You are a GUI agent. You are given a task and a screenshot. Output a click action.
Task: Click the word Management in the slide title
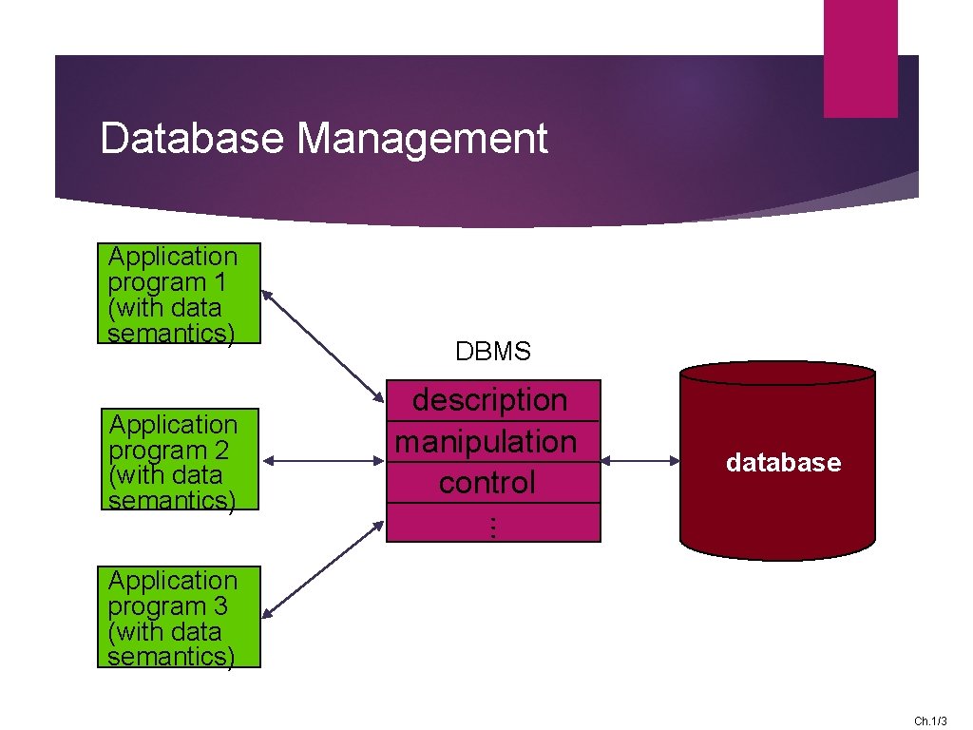click(x=422, y=138)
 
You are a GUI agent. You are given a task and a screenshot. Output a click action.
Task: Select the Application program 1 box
click(x=179, y=294)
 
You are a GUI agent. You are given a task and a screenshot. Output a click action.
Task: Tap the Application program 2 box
click(x=179, y=460)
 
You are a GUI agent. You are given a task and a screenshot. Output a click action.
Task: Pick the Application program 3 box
click(x=179, y=618)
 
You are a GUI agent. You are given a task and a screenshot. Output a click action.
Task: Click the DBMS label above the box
click(x=493, y=352)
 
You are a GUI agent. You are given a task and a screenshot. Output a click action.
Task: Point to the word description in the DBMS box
click(x=489, y=400)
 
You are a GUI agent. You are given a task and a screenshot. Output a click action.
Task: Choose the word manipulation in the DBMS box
click(x=486, y=441)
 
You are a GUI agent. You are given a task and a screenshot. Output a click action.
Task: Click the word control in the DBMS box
click(x=486, y=483)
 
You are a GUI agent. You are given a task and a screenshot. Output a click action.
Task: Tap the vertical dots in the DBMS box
click(x=492, y=526)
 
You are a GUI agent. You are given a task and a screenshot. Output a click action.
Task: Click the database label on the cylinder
click(x=783, y=463)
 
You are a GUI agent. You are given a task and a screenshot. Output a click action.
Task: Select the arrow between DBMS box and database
click(x=639, y=462)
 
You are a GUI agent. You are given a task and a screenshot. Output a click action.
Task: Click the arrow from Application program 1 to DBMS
click(x=323, y=345)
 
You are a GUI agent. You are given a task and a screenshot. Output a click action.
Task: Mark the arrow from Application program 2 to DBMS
click(x=323, y=462)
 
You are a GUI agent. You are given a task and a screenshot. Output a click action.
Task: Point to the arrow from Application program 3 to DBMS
click(x=323, y=569)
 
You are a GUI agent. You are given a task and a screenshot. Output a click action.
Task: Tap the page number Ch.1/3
click(x=930, y=721)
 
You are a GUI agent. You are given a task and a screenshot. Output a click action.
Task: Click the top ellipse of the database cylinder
click(x=777, y=372)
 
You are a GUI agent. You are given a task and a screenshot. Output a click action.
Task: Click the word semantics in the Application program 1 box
click(x=171, y=334)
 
